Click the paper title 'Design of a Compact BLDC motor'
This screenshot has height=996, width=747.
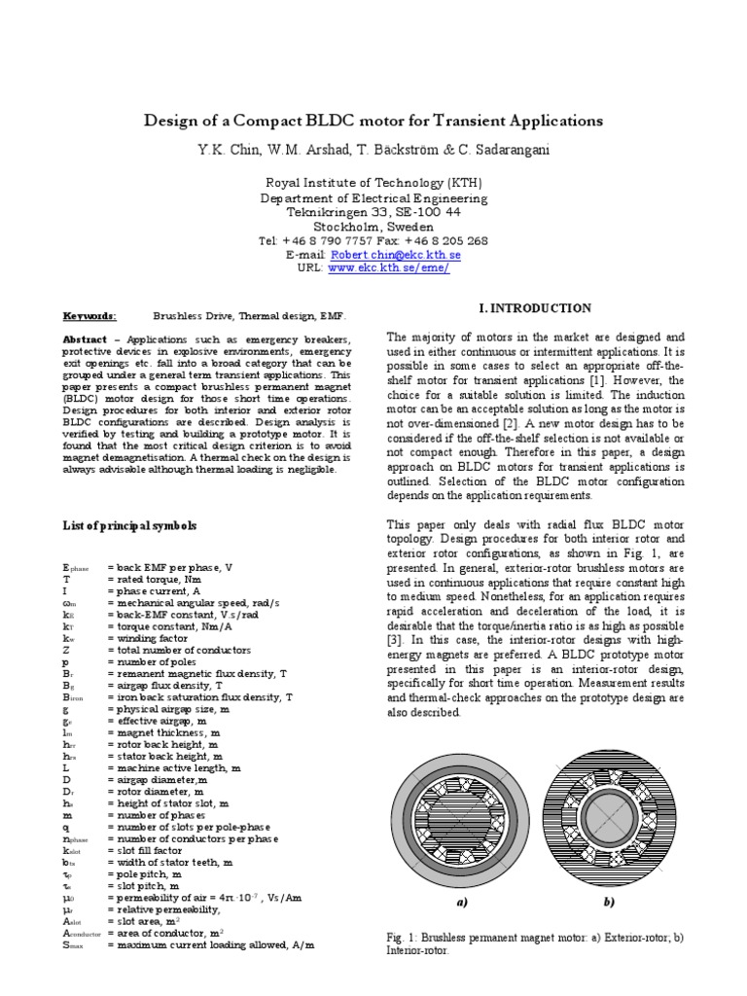373,122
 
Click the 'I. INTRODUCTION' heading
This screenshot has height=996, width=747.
536,308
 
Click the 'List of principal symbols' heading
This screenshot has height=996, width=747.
129,525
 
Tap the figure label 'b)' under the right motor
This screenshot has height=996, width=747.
609,902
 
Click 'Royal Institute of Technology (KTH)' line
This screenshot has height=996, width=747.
373,184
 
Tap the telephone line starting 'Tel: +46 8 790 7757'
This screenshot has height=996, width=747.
373,240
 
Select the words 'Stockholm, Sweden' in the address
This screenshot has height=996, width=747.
373,226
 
